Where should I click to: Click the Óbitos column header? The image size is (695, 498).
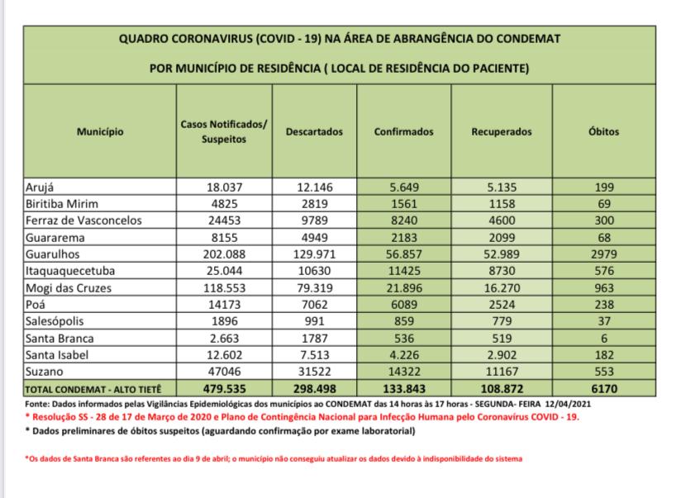609,131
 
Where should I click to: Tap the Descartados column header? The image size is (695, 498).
313,131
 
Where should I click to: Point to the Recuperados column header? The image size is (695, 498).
502,131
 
